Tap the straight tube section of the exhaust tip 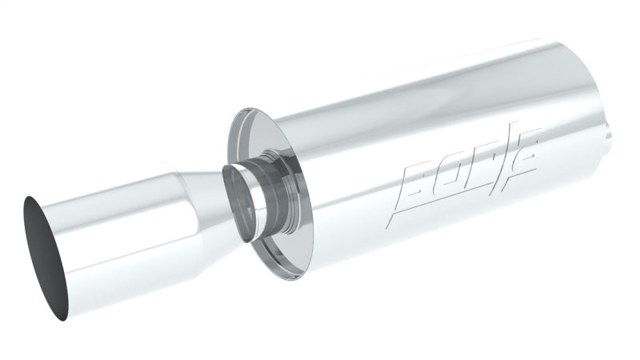click(112, 240)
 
